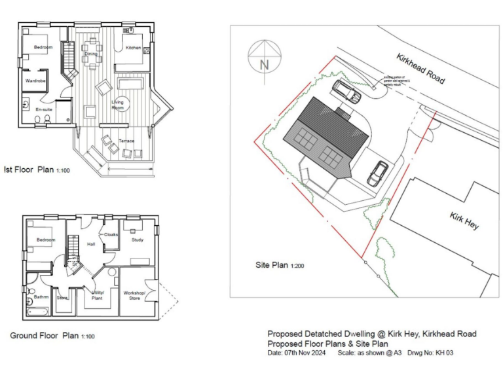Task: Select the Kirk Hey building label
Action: pos(464,221)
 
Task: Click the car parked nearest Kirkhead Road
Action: pos(345,91)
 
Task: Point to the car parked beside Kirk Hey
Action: pos(378,173)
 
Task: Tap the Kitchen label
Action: pos(133,48)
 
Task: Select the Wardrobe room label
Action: pos(35,81)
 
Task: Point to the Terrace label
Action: pos(126,141)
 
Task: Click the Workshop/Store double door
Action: pos(153,293)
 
